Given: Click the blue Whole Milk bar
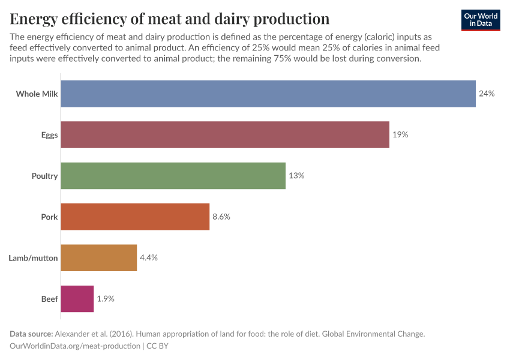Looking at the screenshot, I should pyautogui.click(x=268, y=94).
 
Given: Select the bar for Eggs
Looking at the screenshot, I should pyautogui.click(x=225, y=135).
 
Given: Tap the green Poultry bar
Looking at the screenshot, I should pyautogui.click(x=173, y=176).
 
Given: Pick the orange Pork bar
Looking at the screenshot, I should pyautogui.click(x=135, y=217).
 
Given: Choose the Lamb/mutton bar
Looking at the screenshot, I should pyautogui.click(x=99, y=258).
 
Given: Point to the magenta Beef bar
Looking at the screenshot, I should pyautogui.click(x=77, y=299).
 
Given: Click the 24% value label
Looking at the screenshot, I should pyautogui.click(x=487, y=94).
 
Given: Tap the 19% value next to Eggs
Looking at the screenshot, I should pyautogui.click(x=400, y=135).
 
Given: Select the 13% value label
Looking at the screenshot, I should pyautogui.click(x=296, y=176).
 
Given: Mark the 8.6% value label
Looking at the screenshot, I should pyautogui.click(x=221, y=217).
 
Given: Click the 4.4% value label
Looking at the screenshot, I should pyautogui.click(x=149, y=258).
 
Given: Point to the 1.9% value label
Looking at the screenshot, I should pyautogui.click(x=106, y=299).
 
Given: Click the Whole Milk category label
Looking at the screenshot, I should pyautogui.click(x=37, y=94).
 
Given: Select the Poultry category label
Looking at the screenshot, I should pyautogui.click(x=44, y=176).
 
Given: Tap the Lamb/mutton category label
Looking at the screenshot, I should pyautogui.click(x=33, y=258).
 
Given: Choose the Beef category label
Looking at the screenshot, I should pyautogui.click(x=49, y=299).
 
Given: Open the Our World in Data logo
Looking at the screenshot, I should pyautogui.click(x=480, y=20).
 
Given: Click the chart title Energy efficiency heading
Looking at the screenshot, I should pyautogui.click(x=170, y=19).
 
